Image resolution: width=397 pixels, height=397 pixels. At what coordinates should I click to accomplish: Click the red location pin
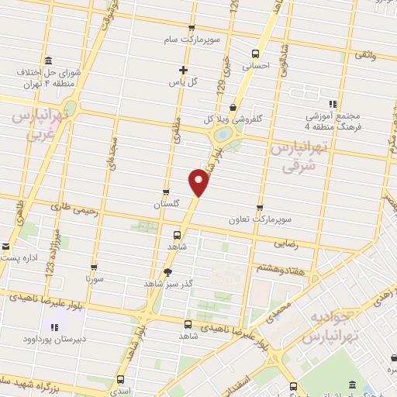pyautogui.click(x=198, y=181)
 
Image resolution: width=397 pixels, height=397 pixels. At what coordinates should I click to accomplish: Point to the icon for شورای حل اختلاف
pyautogui.click(x=49, y=61)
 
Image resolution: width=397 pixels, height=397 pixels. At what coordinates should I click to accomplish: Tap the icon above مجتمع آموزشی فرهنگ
pyautogui.click(x=333, y=104)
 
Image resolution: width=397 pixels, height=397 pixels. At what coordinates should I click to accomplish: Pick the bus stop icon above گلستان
pyautogui.click(x=165, y=192)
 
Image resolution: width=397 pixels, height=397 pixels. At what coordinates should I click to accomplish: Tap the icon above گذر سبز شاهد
pyautogui.click(x=168, y=271)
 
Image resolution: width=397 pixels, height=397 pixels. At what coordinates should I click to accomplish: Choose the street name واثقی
pyautogui.click(x=365, y=55)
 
